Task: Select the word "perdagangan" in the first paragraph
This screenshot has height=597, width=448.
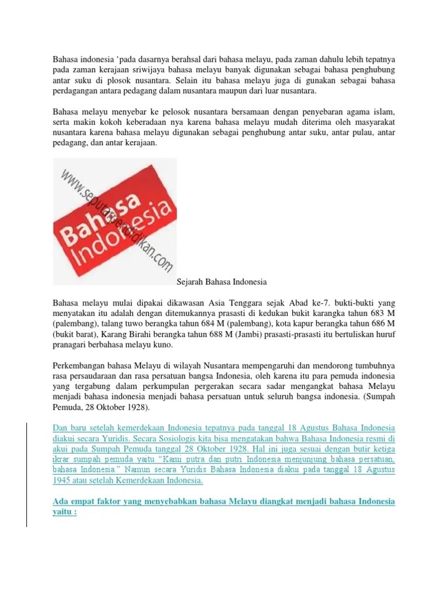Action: tap(75, 92)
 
